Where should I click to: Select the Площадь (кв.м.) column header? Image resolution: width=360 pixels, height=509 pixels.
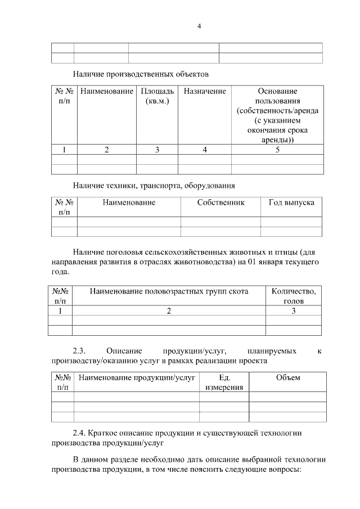pos(157,96)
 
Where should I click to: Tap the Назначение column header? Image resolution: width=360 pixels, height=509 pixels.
pos(205,91)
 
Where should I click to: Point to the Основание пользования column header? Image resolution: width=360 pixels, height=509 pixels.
pos(277,115)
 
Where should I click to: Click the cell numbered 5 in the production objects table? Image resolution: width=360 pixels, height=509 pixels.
pos(277,150)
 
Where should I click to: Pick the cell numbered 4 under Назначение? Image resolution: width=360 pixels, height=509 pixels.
pos(205,150)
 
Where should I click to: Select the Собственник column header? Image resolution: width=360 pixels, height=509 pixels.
pos(220,202)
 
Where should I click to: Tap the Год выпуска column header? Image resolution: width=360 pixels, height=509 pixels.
pos(291,202)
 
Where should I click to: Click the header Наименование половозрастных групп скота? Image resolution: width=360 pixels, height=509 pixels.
pos(169,291)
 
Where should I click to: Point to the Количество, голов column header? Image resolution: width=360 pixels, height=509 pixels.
pos(294,296)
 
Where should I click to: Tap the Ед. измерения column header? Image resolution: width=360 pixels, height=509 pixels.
pos(224,382)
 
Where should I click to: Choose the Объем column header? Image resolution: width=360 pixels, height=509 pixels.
pos(288,378)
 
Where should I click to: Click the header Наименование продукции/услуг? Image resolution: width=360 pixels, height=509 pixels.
pos(137,378)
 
